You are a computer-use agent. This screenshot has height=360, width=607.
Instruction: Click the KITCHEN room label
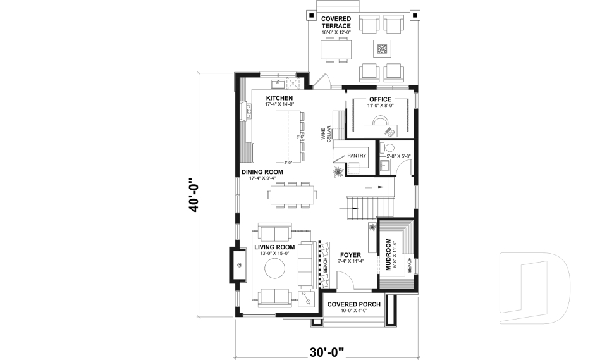pyautogui.click(x=279, y=98)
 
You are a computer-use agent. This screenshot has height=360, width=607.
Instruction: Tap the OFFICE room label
pyautogui.click(x=380, y=99)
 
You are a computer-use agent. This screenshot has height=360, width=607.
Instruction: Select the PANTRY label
pyautogui.click(x=357, y=155)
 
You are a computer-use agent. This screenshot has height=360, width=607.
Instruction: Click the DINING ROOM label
pyautogui.click(x=262, y=172)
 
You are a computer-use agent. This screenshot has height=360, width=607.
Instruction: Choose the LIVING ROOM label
pyautogui.click(x=274, y=247)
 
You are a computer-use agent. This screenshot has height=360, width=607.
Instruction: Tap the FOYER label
pyautogui.click(x=349, y=255)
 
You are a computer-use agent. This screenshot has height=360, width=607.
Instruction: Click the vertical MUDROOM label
pyautogui.click(x=388, y=253)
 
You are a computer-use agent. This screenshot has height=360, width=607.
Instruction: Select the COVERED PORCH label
pyautogui.click(x=353, y=304)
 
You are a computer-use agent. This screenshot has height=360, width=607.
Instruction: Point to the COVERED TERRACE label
pyautogui.click(x=336, y=22)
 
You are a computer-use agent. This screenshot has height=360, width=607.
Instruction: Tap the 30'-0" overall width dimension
pyautogui.click(x=327, y=351)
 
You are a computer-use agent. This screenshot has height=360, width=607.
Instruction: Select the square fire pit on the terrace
pyautogui.click(x=381, y=49)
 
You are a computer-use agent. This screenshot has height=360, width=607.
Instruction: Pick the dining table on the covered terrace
pyautogui.click(x=335, y=49)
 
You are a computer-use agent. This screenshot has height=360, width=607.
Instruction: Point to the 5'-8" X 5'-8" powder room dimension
pyautogui.click(x=398, y=156)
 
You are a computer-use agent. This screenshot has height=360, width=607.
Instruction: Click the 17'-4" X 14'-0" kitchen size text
pyautogui.click(x=279, y=104)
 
